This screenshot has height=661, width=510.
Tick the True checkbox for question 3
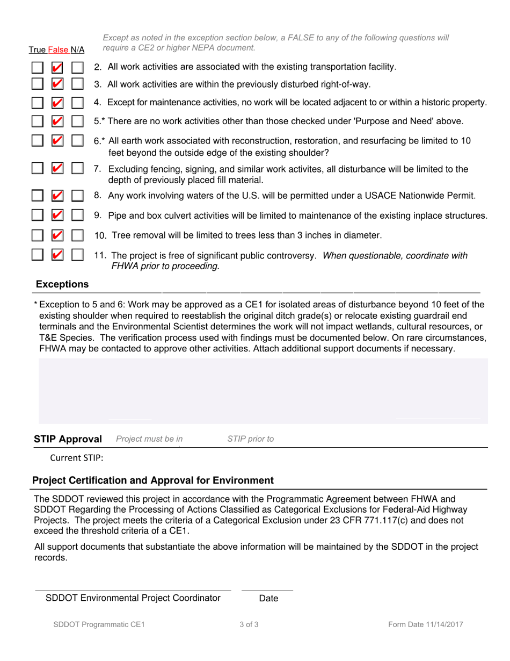(x=37, y=85)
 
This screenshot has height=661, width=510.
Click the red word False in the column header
(x=59, y=50)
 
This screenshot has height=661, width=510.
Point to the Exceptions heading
(x=62, y=284)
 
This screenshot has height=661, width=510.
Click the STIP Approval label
(x=68, y=439)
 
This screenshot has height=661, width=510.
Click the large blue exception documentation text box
(x=263, y=391)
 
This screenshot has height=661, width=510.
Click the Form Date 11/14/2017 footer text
(x=426, y=625)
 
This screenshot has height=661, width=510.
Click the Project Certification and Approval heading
(x=153, y=480)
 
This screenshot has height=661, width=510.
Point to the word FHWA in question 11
(x=126, y=265)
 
